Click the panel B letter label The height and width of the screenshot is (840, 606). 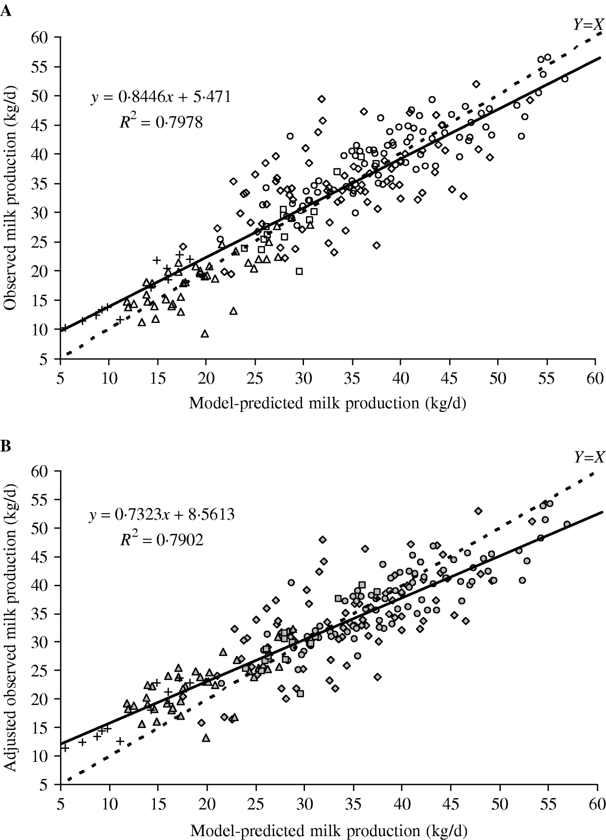click(6, 446)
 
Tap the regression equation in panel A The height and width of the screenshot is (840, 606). click(161, 97)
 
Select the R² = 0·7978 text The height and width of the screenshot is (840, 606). click(161, 122)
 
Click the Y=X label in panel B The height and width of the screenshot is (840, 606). click(588, 457)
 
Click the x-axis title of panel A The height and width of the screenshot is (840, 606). click(327, 403)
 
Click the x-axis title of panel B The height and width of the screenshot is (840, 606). click(327, 831)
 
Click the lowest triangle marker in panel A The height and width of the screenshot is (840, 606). click(205, 334)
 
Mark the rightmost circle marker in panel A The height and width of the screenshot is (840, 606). click(565, 79)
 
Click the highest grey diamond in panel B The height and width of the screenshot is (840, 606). click(478, 511)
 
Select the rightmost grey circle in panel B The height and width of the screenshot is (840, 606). click(567, 524)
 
